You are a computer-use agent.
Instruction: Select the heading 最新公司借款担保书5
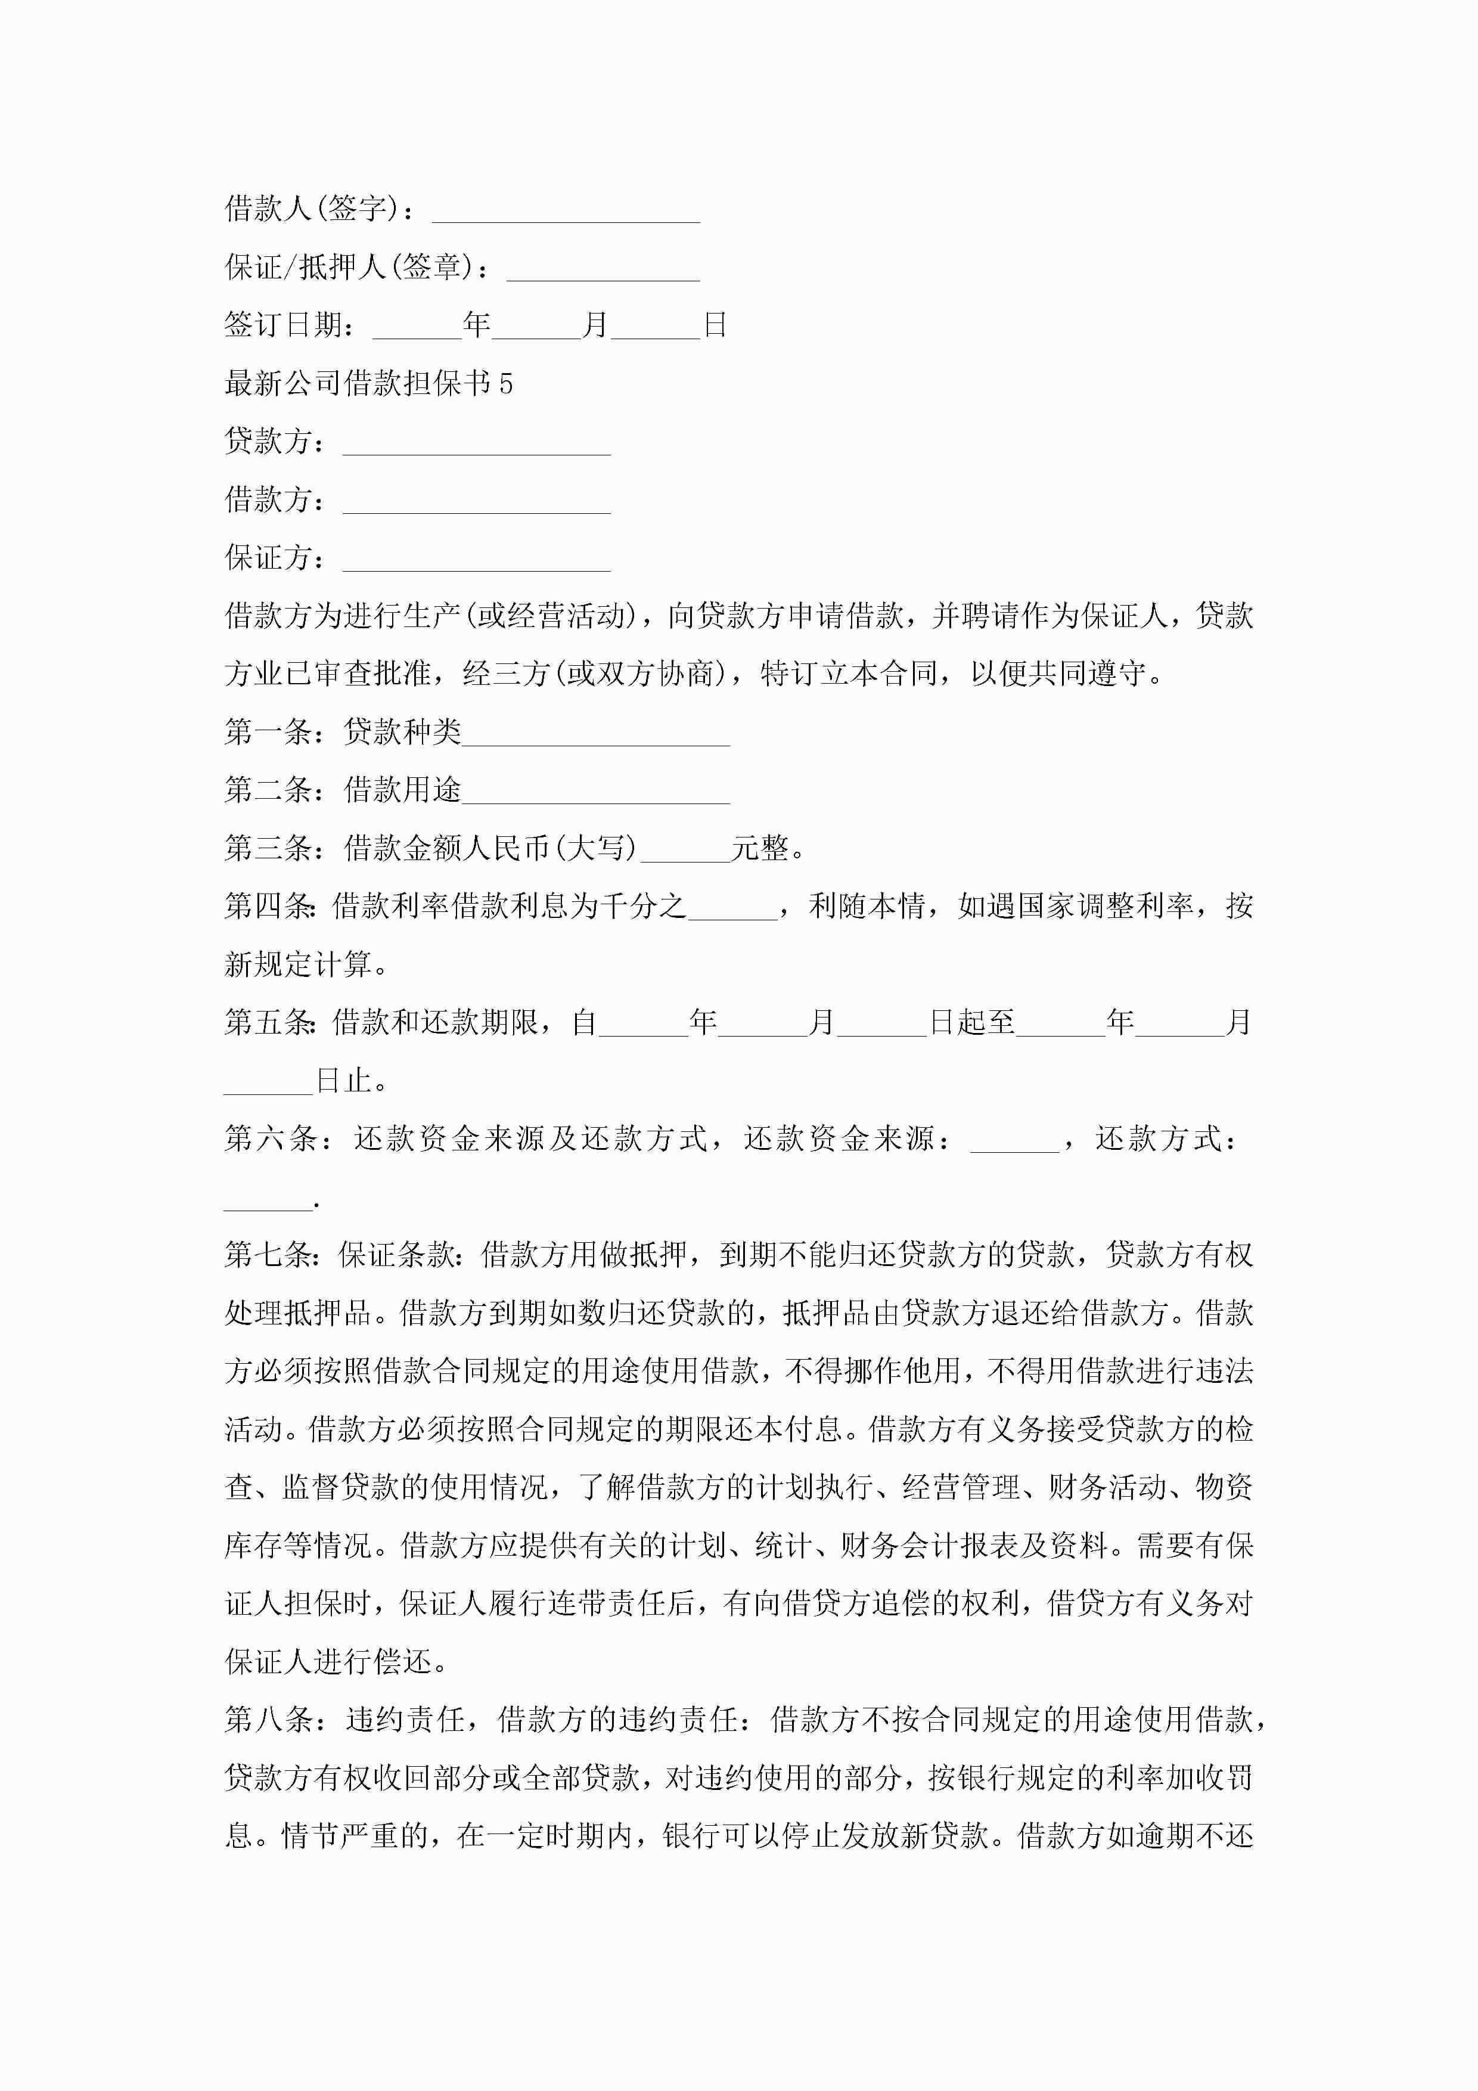[x=369, y=383]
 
